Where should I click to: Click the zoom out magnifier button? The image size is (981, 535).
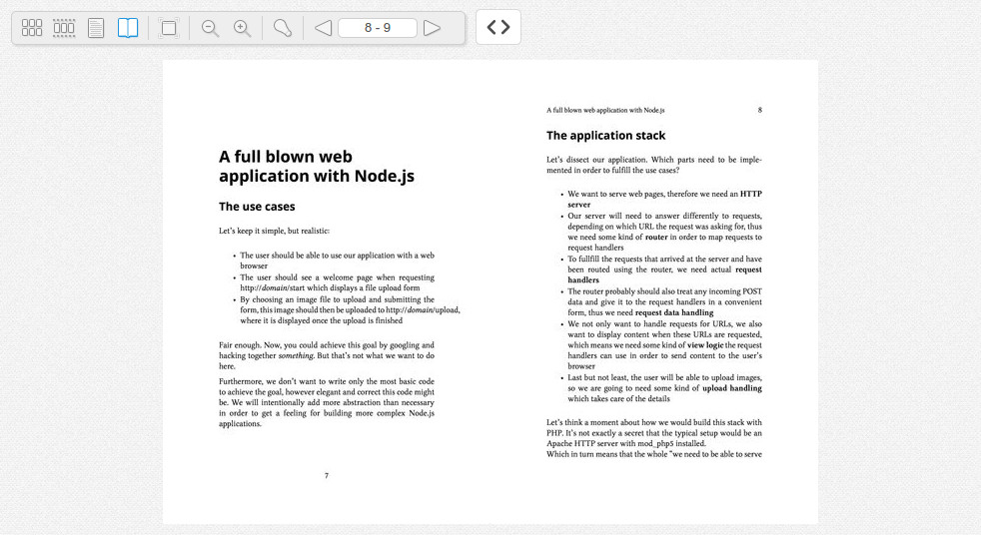point(210,28)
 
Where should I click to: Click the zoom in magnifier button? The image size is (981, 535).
point(242,28)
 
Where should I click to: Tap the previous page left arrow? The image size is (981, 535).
point(323,28)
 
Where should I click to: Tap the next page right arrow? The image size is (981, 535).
point(432,28)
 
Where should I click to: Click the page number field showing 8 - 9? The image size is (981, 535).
point(378,28)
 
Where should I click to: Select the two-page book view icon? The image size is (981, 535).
point(128,28)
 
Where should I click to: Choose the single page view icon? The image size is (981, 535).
point(96,28)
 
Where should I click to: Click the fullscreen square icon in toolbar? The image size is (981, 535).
point(169,28)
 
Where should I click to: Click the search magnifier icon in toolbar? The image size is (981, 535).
point(282,28)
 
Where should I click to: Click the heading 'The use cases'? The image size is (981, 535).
point(257,207)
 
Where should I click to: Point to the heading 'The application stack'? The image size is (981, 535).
point(605,136)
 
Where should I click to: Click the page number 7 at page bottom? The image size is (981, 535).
point(326,475)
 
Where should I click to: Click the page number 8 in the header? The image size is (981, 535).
point(759,110)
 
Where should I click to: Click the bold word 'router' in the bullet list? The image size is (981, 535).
point(656,239)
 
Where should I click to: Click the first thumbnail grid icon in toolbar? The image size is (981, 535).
point(32,28)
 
